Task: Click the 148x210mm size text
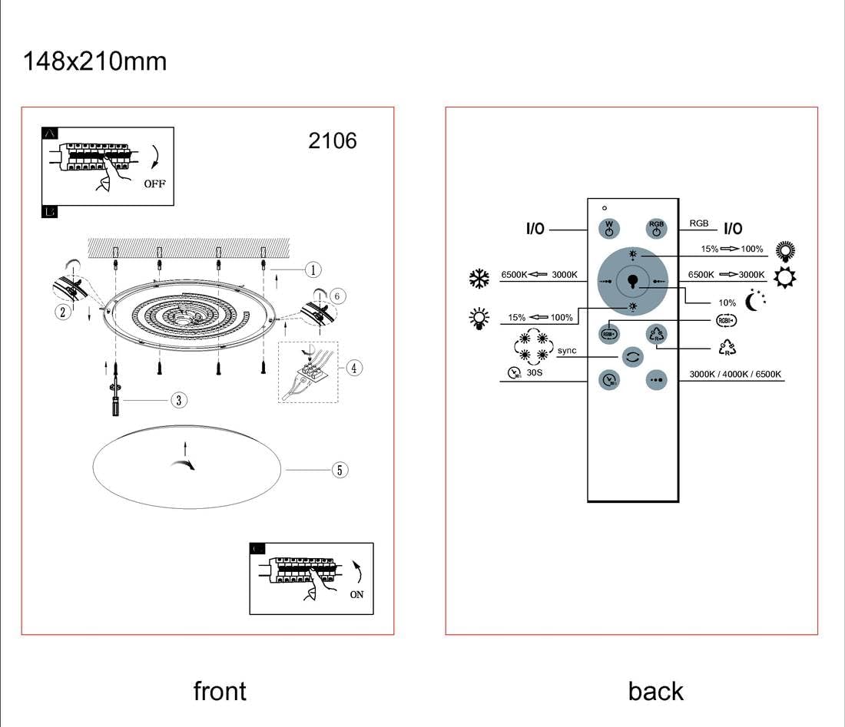click(x=95, y=61)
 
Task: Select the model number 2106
click(x=332, y=140)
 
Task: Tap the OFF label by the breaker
click(x=154, y=183)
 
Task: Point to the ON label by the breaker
click(x=356, y=594)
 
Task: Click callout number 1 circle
click(x=312, y=269)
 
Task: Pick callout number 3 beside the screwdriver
click(x=178, y=400)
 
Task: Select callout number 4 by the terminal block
click(x=353, y=368)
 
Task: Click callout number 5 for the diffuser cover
click(x=340, y=470)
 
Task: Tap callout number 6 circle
click(x=339, y=296)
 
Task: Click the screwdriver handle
click(x=115, y=407)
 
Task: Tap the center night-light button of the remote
click(x=632, y=281)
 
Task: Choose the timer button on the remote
click(x=608, y=379)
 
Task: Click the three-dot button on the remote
click(x=655, y=380)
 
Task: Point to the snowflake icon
click(x=479, y=278)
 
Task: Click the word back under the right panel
click(x=655, y=691)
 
